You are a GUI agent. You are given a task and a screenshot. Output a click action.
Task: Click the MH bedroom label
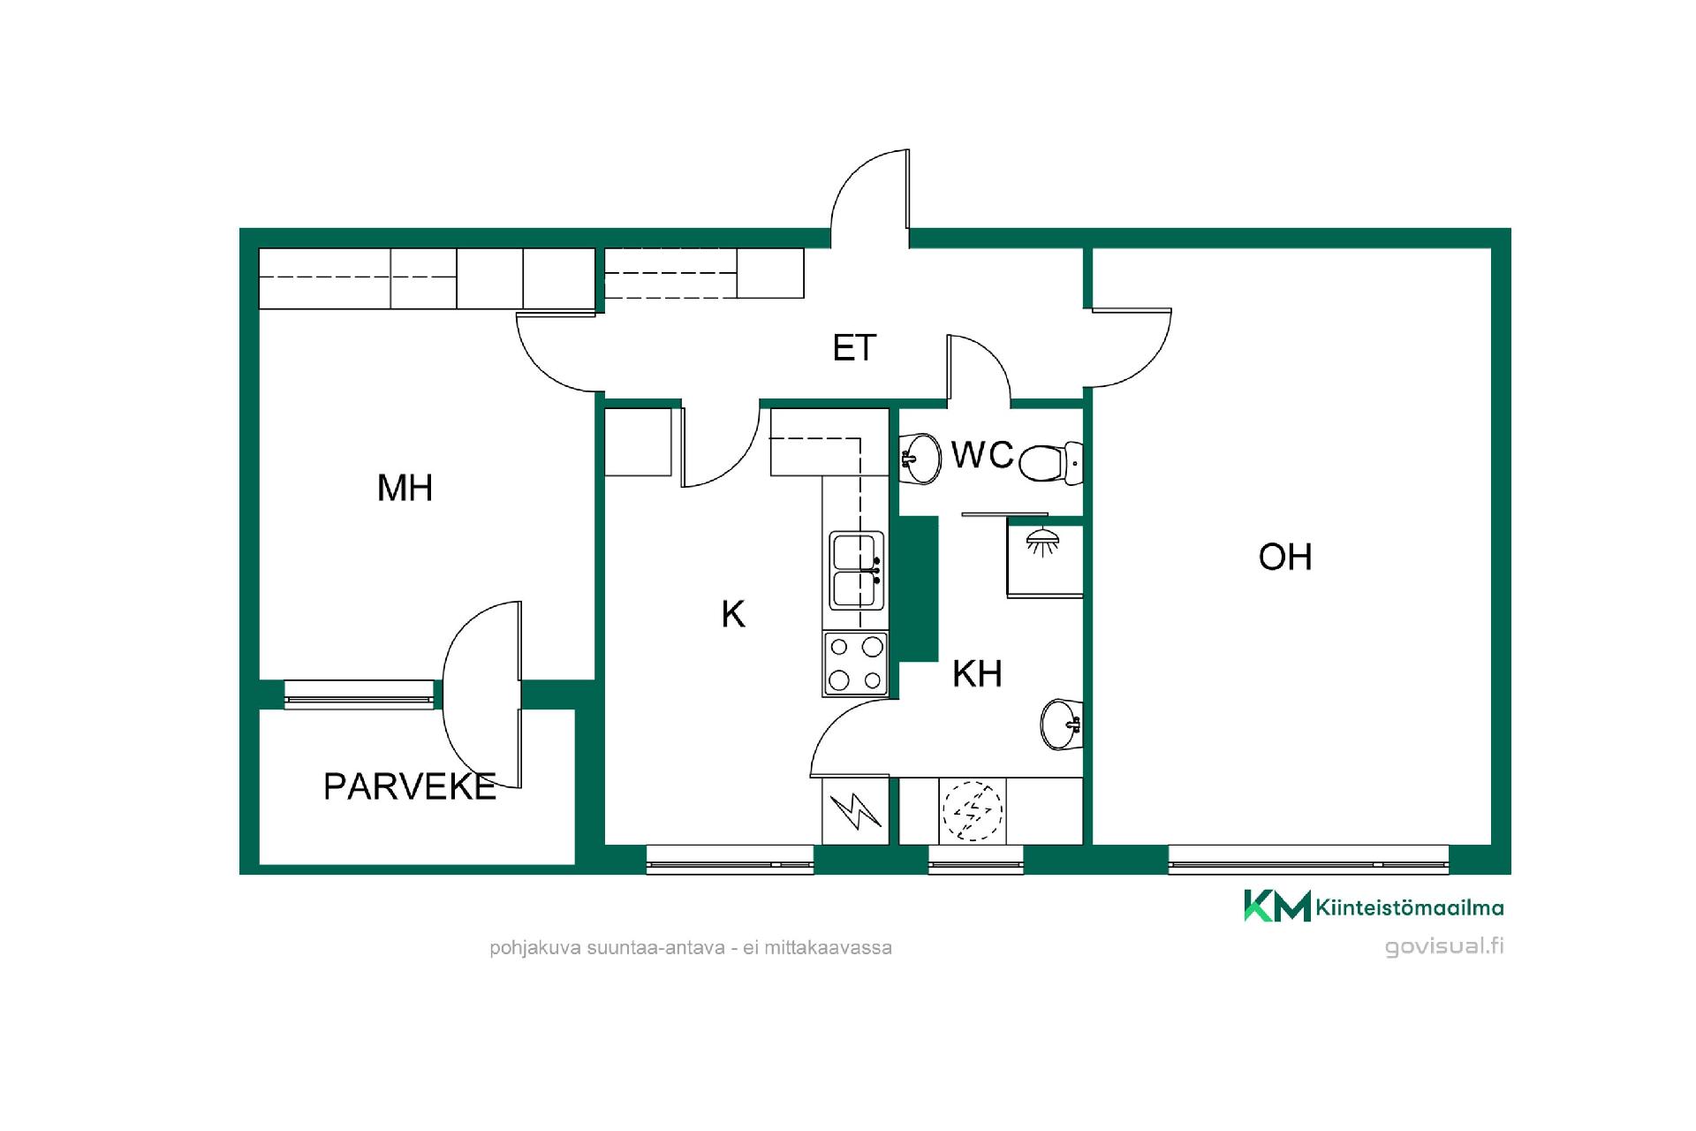405,488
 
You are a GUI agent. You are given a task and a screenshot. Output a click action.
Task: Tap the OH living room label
1285,557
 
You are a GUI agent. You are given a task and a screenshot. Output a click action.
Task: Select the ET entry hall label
854,348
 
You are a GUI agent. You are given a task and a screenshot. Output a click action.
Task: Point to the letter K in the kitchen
733,614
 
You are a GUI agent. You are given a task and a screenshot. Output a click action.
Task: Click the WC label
982,455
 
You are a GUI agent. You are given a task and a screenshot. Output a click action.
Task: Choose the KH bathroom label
977,674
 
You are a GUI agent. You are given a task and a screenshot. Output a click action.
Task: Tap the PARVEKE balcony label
410,786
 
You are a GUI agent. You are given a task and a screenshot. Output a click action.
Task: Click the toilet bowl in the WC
1049,463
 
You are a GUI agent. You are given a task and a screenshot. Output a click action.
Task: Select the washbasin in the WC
920,459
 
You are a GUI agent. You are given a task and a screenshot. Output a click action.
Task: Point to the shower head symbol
1043,542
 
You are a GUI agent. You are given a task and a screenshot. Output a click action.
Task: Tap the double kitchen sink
856,570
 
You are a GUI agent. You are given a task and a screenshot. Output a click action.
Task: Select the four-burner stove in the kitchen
855,664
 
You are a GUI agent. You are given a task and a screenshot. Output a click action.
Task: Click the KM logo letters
1277,906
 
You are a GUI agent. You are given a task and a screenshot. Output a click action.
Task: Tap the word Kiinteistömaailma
1410,907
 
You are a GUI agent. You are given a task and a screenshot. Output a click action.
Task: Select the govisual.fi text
1444,946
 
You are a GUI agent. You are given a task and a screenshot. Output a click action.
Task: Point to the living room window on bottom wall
1308,860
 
